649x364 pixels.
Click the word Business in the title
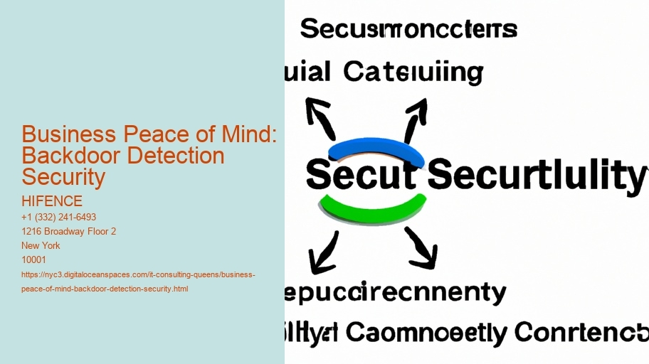click(x=68, y=134)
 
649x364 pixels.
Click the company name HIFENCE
click(x=52, y=201)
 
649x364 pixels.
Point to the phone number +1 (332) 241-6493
click(x=59, y=217)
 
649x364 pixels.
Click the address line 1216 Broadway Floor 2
click(x=69, y=231)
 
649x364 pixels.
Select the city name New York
click(x=41, y=245)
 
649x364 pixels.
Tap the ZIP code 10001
click(x=34, y=259)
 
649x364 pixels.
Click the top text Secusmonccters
click(x=408, y=30)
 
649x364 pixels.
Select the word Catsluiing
click(x=413, y=73)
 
